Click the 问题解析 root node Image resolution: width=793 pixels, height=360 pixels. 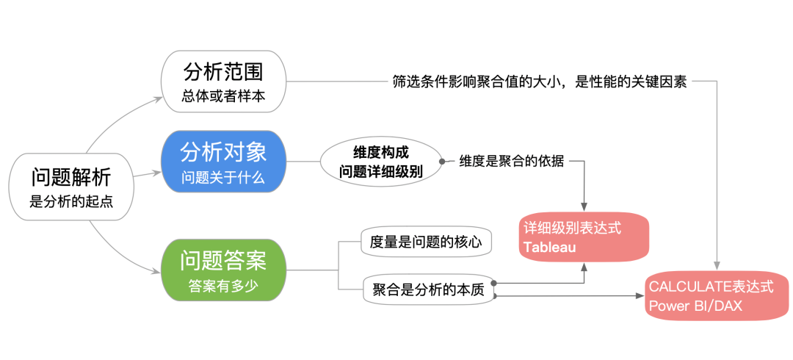click(x=71, y=187)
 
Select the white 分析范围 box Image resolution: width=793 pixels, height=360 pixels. click(x=223, y=82)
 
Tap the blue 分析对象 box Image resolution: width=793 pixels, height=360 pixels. click(x=223, y=162)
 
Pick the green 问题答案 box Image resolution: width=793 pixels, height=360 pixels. click(x=223, y=270)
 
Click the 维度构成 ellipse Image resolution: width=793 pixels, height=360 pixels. click(x=380, y=162)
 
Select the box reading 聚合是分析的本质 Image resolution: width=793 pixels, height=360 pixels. click(x=428, y=290)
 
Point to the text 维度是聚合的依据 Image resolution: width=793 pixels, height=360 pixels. click(x=511, y=162)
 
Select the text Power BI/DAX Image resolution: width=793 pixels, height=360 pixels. click(x=696, y=306)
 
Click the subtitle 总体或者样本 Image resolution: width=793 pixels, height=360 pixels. click(x=223, y=96)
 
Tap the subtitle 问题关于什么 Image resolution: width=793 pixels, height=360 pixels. click(x=223, y=177)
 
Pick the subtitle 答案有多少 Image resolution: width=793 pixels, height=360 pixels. click(x=223, y=286)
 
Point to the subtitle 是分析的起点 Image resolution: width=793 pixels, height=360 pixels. click(x=71, y=201)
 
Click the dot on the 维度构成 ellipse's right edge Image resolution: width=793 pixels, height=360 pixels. click(x=442, y=162)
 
